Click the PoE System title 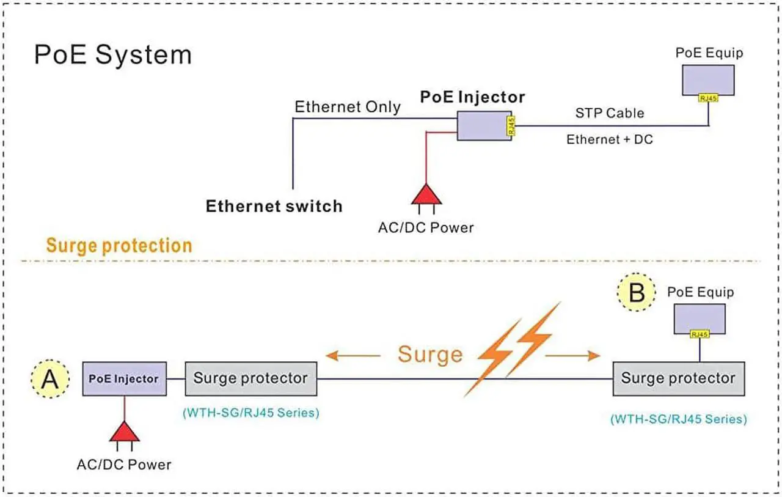(x=113, y=54)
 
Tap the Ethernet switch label (x=274, y=206)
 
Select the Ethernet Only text (x=348, y=107)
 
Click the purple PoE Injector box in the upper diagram (x=482, y=126)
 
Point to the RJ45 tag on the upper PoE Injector (x=511, y=126)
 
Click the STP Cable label (x=609, y=113)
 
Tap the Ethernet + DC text (x=609, y=139)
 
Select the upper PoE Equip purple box (x=708, y=78)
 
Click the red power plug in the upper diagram (x=426, y=194)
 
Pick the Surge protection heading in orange (x=119, y=246)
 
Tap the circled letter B (x=637, y=293)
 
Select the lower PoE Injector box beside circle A (x=123, y=379)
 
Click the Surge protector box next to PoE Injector (x=250, y=378)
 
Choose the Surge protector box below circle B (x=678, y=378)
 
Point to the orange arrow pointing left (x=353, y=355)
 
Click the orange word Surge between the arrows (x=430, y=355)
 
